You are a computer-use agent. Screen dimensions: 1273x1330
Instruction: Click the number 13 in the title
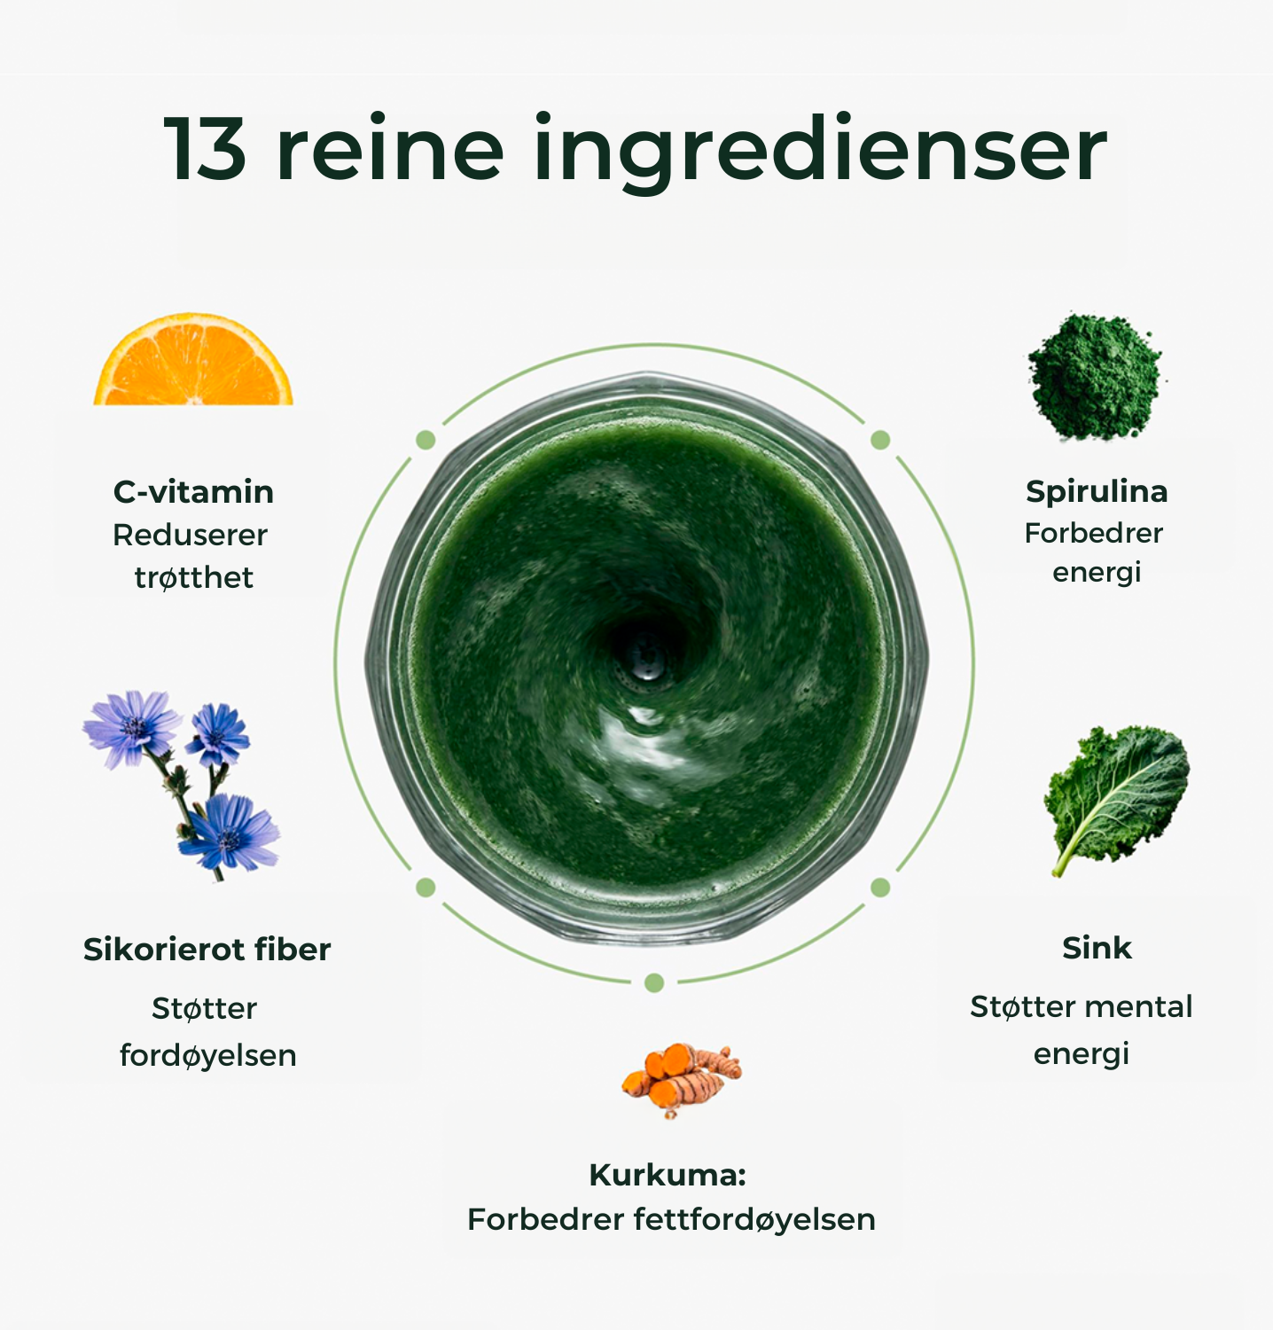(x=206, y=149)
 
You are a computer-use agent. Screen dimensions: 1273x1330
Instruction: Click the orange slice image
(x=193, y=359)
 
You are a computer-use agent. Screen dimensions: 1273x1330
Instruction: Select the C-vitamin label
(x=193, y=491)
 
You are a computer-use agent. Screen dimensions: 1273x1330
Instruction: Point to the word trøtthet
(x=194, y=577)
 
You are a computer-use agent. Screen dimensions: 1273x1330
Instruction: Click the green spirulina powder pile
(x=1096, y=376)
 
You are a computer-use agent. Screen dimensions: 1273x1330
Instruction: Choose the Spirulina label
(x=1097, y=492)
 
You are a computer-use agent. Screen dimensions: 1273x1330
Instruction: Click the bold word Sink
(x=1097, y=948)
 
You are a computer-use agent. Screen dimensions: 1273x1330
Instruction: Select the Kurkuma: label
(x=668, y=1175)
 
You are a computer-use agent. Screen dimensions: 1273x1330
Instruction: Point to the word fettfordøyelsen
(x=754, y=1221)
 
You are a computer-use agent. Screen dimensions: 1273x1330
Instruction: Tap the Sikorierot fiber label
(x=207, y=950)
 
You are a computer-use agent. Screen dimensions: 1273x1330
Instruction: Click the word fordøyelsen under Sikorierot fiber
(x=208, y=1056)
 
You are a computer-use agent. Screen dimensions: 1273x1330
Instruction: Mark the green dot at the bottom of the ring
(x=654, y=982)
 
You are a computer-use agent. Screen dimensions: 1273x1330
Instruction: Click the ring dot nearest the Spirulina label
(x=880, y=440)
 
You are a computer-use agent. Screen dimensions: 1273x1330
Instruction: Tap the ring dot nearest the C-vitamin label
(x=426, y=440)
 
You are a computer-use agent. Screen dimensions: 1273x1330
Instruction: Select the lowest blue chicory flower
(x=230, y=831)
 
